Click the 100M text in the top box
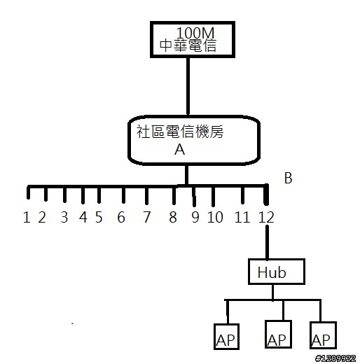(x=195, y=33)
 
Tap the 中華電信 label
(x=188, y=45)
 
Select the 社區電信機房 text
(x=180, y=132)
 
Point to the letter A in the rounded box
(x=179, y=149)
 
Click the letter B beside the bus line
(x=288, y=178)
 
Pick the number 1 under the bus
(x=27, y=217)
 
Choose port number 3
(x=64, y=217)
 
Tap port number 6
(x=121, y=217)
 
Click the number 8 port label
(x=173, y=217)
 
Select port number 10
(x=215, y=217)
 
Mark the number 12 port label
(x=266, y=217)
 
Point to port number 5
(x=99, y=217)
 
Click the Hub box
(x=277, y=272)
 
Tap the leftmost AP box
(x=226, y=336)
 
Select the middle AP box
(x=278, y=334)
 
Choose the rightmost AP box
(x=323, y=335)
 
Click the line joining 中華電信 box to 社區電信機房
(x=188, y=86)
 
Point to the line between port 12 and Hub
(x=267, y=242)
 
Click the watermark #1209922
(x=335, y=358)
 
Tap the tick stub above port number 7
(x=146, y=195)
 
